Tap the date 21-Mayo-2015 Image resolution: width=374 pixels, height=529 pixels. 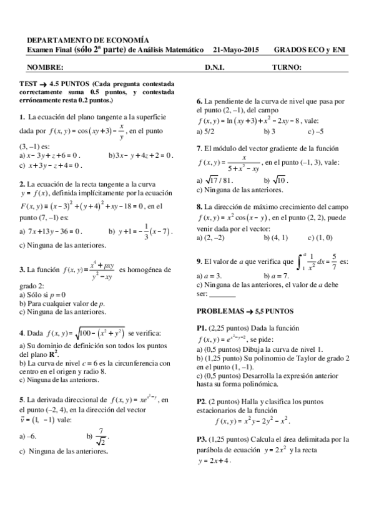(235, 49)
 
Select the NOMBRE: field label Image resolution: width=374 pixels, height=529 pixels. (45, 66)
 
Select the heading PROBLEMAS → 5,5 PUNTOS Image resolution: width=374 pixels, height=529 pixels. (245, 310)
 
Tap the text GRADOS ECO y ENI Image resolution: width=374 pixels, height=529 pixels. (310, 49)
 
